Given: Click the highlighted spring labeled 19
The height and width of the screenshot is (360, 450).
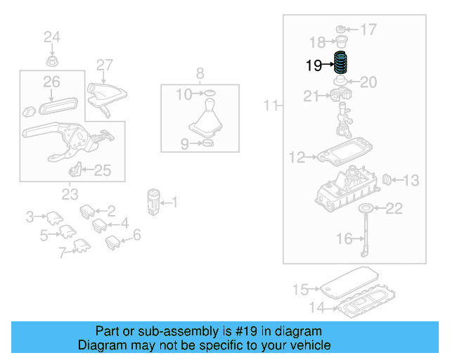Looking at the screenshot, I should [341, 65].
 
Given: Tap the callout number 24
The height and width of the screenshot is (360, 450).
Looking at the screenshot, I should [53, 37].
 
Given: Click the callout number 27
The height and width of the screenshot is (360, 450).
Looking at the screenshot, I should [105, 65].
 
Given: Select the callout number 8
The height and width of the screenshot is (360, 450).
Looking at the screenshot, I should [200, 72].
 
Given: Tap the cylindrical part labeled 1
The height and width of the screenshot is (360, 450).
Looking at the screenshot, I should [153, 201].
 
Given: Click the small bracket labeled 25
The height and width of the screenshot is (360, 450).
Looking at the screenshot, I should [75, 170].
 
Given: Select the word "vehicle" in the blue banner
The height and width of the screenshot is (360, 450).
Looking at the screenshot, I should [309, 345].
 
